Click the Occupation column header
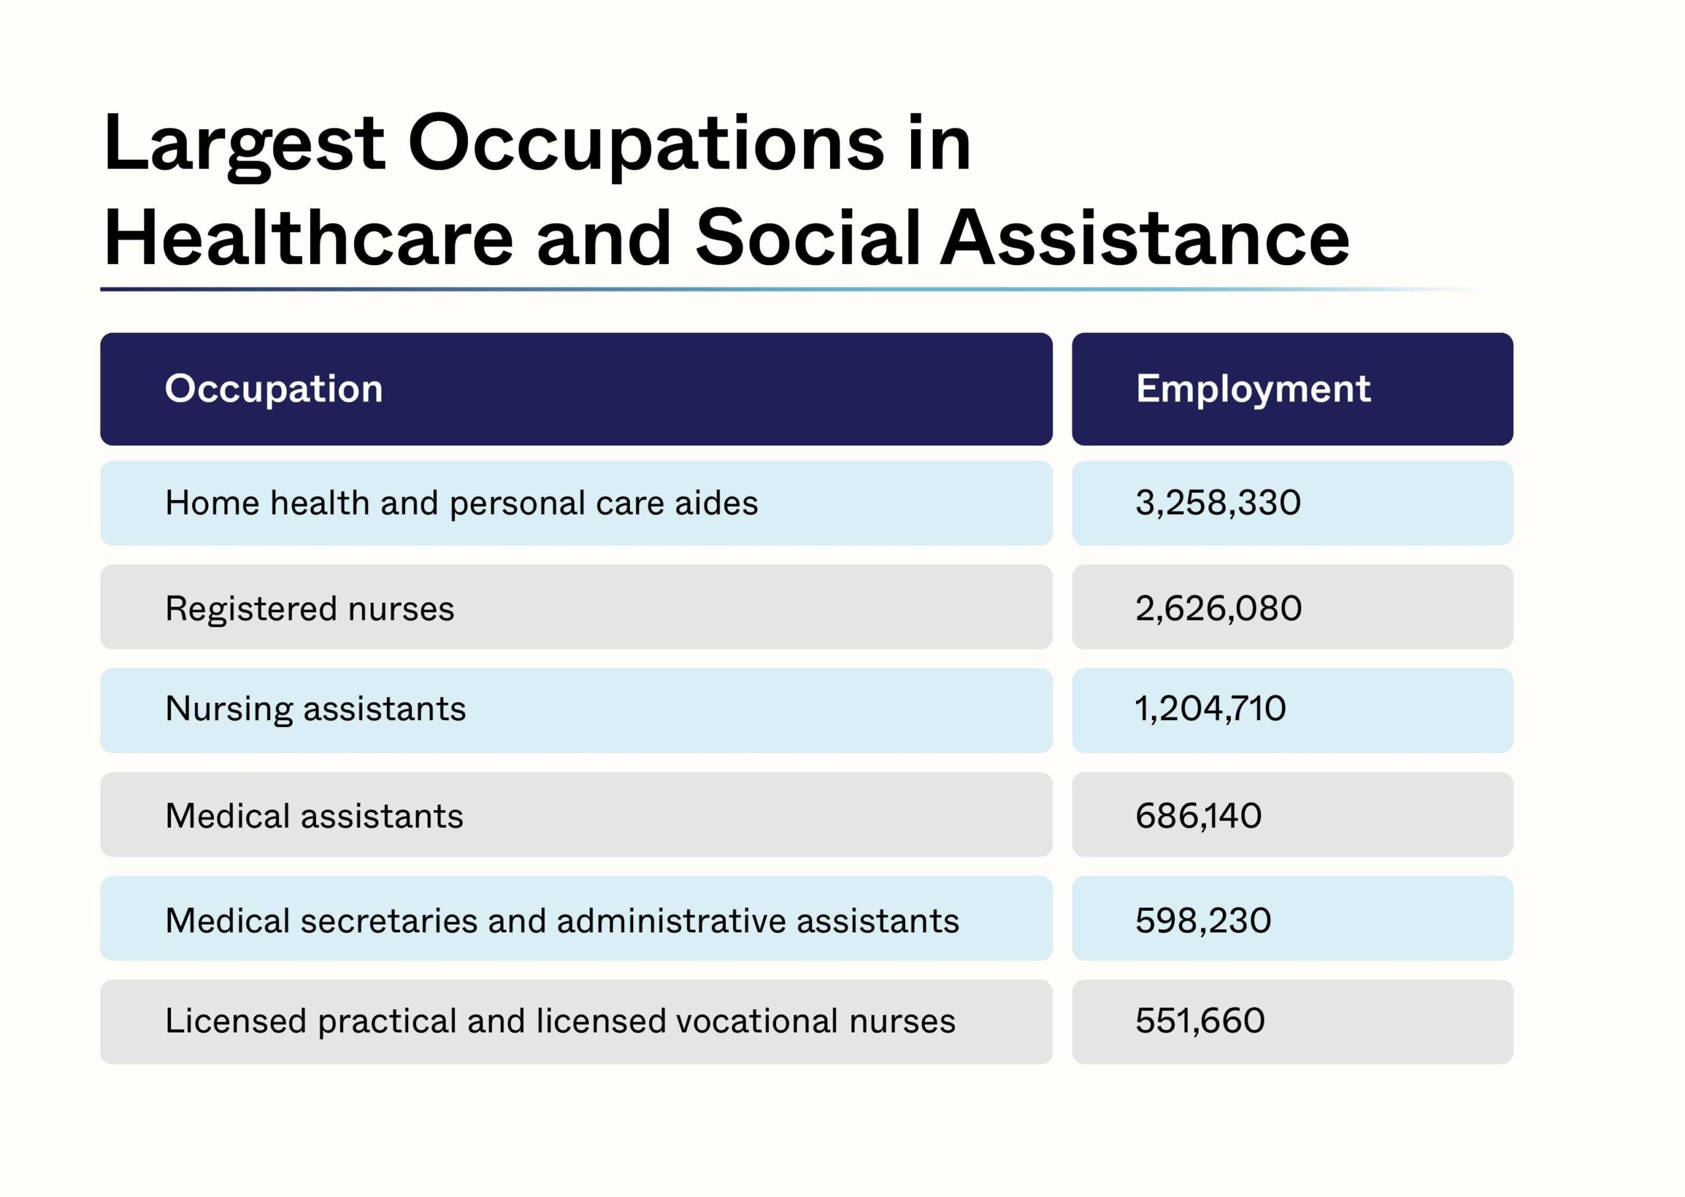click(x=273, y=388)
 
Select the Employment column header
click(x=1253, y=388)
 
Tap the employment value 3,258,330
click(x=1218, y=503)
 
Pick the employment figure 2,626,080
click(x=1218, y=608)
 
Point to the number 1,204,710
click(x=1210, y=708)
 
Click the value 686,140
click(x=1198, y=815)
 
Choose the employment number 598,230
click(x=1203, y=920)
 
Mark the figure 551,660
click(x=1199, y=1021)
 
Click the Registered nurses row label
click(x=309, y=609)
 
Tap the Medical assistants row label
click(x=314, y=816)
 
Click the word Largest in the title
click(x=244, y=143)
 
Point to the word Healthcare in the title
click(x=308, y=238)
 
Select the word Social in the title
click(x=808, y=238)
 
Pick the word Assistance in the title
click(x=1145, y=238)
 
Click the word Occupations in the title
click(x=646, y=143)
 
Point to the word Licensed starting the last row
click(x=235, y=1021)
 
